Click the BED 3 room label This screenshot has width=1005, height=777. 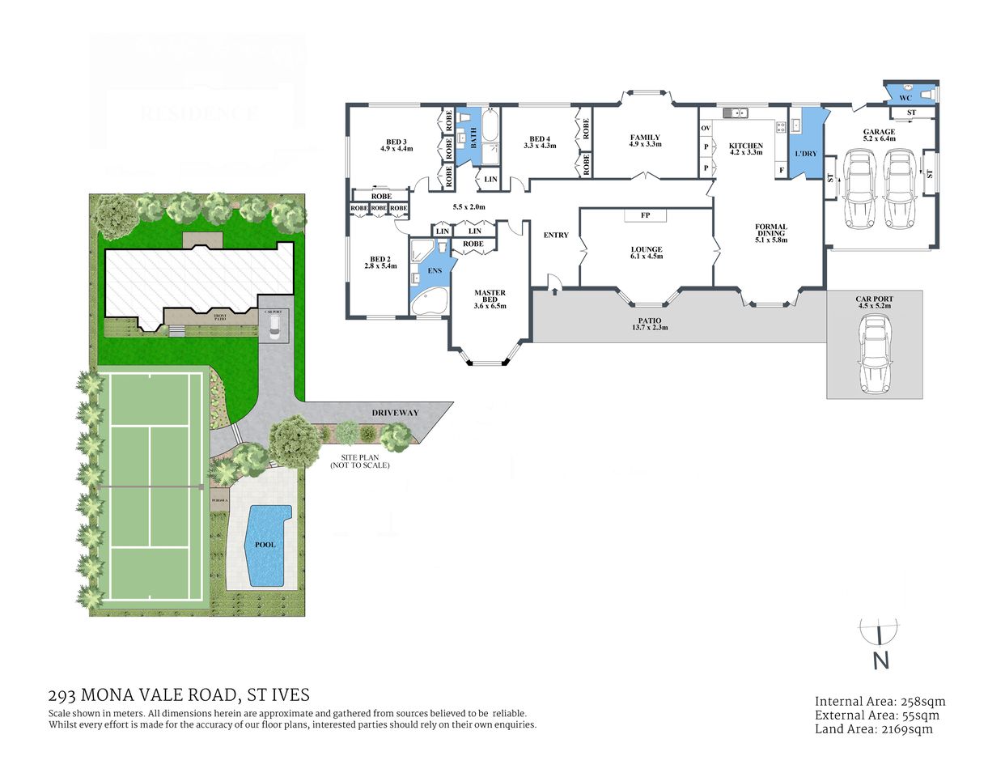coord(396,145)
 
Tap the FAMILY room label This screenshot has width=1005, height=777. coord(645,141)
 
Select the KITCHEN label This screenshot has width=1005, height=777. coord(745,148)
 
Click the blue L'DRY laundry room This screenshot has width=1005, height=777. coord(804,150)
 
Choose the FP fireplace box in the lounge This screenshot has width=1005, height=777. coord(645,215)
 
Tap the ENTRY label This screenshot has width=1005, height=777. coord(556,235)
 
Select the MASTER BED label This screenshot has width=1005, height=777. coord(490,299)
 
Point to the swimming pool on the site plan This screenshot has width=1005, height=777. coord(265,545)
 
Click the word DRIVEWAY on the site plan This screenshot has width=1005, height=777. coord(395,413)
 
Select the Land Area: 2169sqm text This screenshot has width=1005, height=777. coord(873,729)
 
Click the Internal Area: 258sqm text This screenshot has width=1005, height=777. coord(880,702)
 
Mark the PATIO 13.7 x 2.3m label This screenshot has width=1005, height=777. coord(649,325)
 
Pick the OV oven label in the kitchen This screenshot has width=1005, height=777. coord(706,129)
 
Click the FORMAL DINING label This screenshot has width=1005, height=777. coord(770,233)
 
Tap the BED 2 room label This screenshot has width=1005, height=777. coord(380,262)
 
